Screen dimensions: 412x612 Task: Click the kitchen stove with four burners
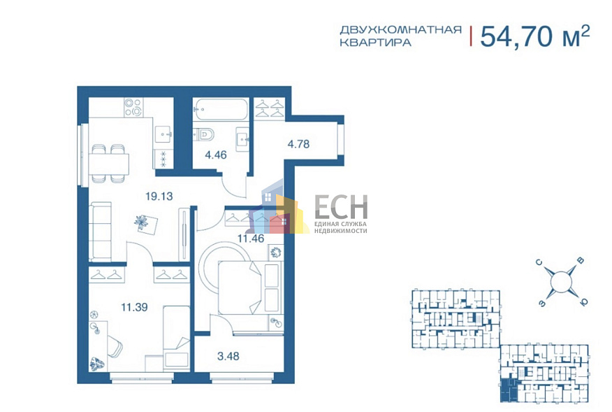(x=133, y=108)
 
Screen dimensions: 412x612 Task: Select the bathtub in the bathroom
(x=221, y=108)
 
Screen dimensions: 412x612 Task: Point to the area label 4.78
(x=298, y=145)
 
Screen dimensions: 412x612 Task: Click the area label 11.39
(x=134, y=306)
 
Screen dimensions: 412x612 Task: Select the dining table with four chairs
(x=108, y=163)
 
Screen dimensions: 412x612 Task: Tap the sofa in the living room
(x=101, y=229)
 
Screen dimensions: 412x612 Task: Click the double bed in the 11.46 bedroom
(x=249, y=287)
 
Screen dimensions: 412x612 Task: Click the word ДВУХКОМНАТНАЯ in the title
(x=400, y=29)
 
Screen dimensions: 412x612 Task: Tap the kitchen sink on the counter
(x=163, y=132)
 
